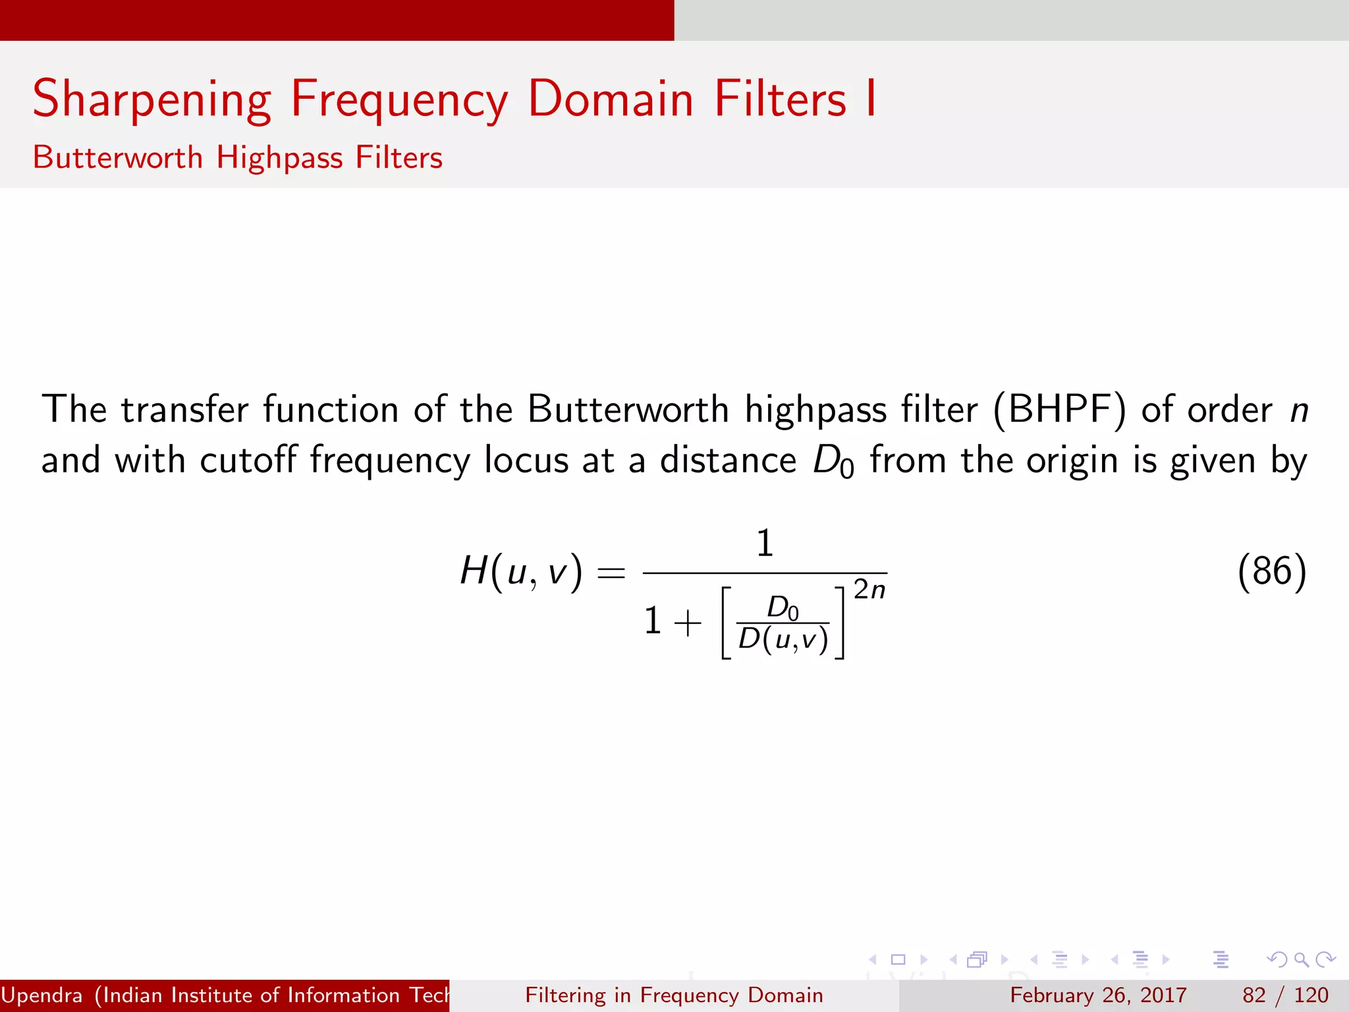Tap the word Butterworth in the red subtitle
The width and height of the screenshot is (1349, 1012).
(x=118, y=158)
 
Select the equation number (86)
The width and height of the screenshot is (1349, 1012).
(x=1271, y=571)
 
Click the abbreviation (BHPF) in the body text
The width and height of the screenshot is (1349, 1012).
(x=1059, y=410)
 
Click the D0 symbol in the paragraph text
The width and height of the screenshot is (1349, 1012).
(x=833, y=461)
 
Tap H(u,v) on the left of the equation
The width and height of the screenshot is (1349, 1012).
(x=521, y=571)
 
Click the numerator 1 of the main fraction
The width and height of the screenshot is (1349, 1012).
(x=764, y=544)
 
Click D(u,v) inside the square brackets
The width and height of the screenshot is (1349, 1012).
(x=783, y=640)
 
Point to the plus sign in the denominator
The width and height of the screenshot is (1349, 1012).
(x=688, y=623)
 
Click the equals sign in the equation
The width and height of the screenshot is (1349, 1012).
(x=611, y=573)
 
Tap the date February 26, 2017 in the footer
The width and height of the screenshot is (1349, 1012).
(x=1098, y=995)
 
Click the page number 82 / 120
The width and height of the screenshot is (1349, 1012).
(x=1285, y=995)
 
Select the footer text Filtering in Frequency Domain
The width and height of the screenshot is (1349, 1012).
(x=674, y=995)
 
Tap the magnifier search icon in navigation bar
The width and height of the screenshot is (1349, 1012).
(x=1301, y=960)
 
